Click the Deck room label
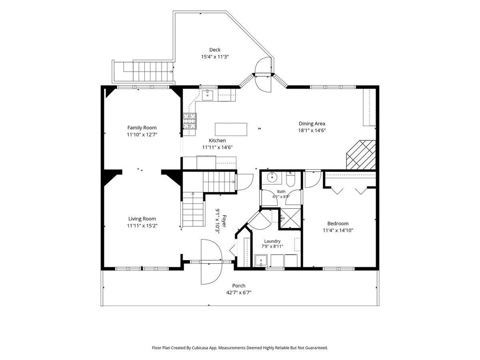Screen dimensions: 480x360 pyautogui.click(x=215, y=50)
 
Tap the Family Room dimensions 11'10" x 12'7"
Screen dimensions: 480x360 pyautogui.click(x=142, y=134)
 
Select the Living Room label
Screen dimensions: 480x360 pyautogui.click(x=142, y=219)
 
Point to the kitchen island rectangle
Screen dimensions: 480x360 pyautogui.click(x=231, y=129)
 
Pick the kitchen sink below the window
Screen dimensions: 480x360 pyautogui.click(x=207, y=95)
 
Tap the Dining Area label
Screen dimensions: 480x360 pyautogui.click(x=312, y=124)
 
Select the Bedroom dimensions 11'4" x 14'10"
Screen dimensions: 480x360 pyautogui.click(x=338, y=230)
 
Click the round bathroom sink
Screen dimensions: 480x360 pyautogui.click(x=272, y=177)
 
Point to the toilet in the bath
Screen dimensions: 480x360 pyautogui.click(x=291, y=179)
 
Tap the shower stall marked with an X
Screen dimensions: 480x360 pyautogui.click(x=290, y=218)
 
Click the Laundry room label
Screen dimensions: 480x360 pyautogui.click(x=272, y=241)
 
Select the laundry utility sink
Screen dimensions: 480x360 pyautogui.click(x=261, y=260)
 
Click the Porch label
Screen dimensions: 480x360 pyautogui.click(x=239, y=286)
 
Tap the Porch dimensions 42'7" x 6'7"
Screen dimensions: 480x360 pyautogui.click(x=239, y=292)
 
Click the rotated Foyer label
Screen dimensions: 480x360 pyautogui.click(x=224, y=221)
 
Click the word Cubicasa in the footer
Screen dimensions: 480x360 pyautogui.click(x=200, y=348)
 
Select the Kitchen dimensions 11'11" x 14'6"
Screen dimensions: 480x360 pyautogui.click(x=217, y=147)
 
